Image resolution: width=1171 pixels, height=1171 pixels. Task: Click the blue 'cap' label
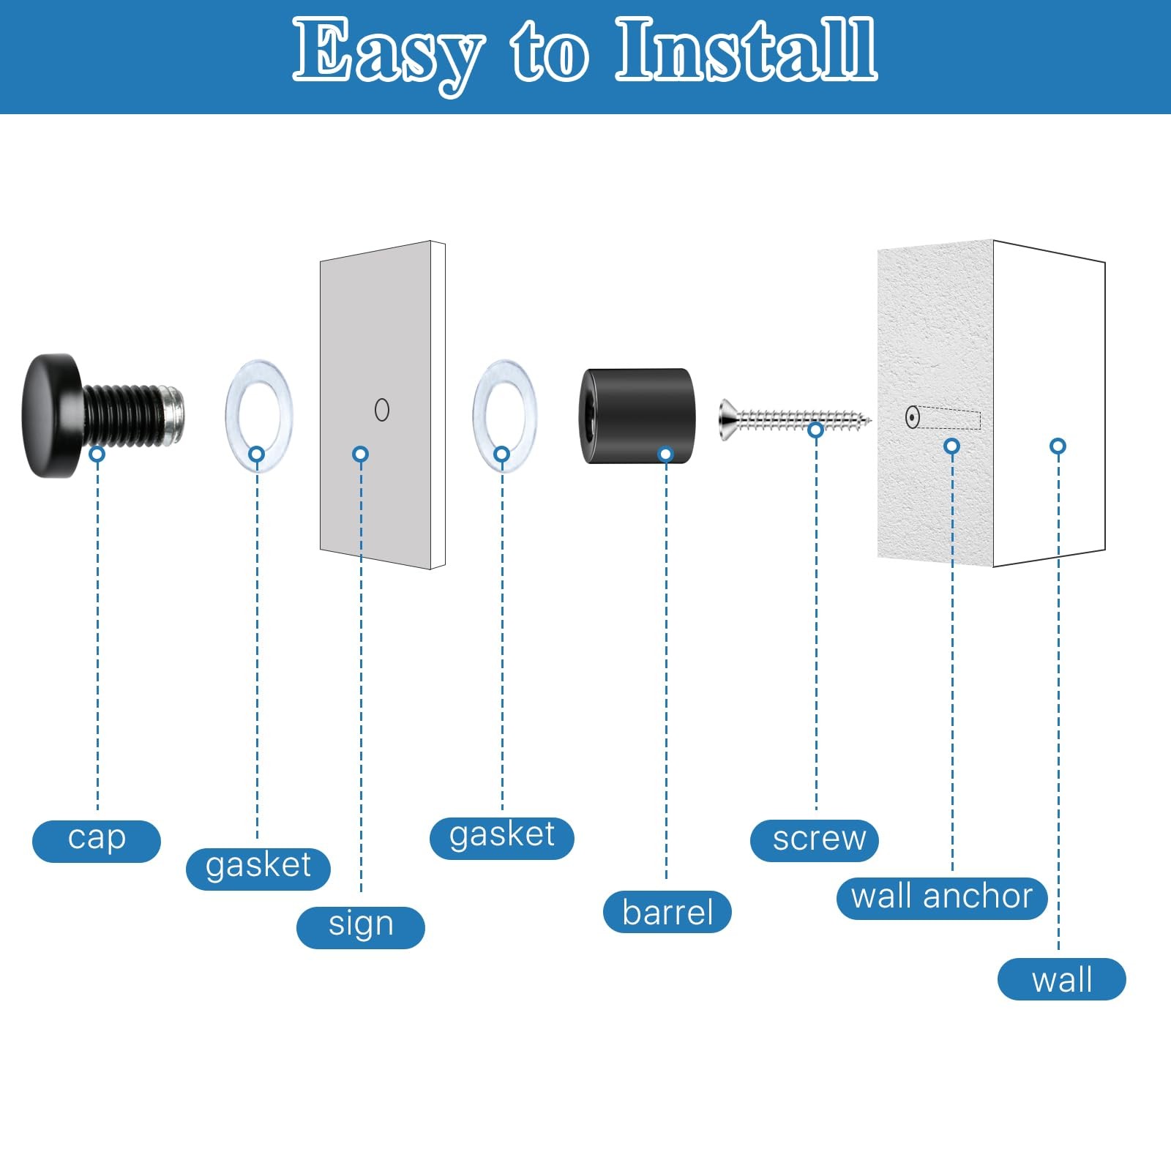[97, 841]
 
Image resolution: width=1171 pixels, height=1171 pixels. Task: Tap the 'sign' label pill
[361, 927]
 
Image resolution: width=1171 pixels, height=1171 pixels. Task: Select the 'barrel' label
[667, 912]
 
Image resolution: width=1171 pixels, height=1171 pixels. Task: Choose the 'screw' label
[815, 841]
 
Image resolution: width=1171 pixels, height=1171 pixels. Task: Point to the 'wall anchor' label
[943, 898]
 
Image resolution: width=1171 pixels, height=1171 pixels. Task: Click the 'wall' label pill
[1062, 979]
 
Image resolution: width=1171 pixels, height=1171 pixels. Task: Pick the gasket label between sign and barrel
[502, 838]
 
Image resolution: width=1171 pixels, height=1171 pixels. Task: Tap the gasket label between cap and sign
[258, 869]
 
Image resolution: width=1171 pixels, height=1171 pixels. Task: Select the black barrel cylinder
[637, 416]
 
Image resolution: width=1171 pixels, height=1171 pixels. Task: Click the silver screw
[795, 420]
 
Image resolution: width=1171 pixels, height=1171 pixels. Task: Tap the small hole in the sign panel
[382, 410]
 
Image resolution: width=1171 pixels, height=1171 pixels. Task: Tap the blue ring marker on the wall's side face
[1058, 446]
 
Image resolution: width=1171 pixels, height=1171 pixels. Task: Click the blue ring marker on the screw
[816, 430]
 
